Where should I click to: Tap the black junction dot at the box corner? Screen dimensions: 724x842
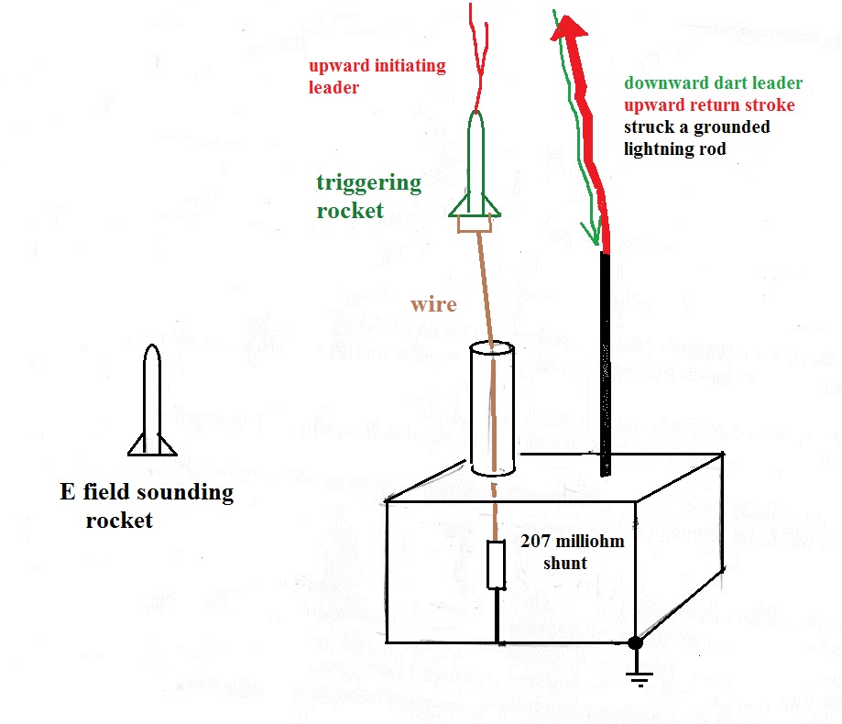click(634, 644)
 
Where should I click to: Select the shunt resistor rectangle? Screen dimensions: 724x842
click(497, 564)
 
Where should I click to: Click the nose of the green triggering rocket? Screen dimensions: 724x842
click(476, 119)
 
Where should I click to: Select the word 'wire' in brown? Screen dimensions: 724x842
click(433, 303)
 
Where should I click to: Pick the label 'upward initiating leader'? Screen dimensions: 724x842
click(377, 77)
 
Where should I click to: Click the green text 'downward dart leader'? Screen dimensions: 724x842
click(713, 83)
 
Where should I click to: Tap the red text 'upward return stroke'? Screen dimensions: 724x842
click(709, 105)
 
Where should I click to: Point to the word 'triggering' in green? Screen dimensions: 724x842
click(369, 182)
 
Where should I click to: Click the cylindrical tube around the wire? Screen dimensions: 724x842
click(493, 409)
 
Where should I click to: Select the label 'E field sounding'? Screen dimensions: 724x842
click(147, 492)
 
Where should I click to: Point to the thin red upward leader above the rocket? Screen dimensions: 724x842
click(479, 55)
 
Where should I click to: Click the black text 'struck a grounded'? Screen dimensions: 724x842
click(696, 126)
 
